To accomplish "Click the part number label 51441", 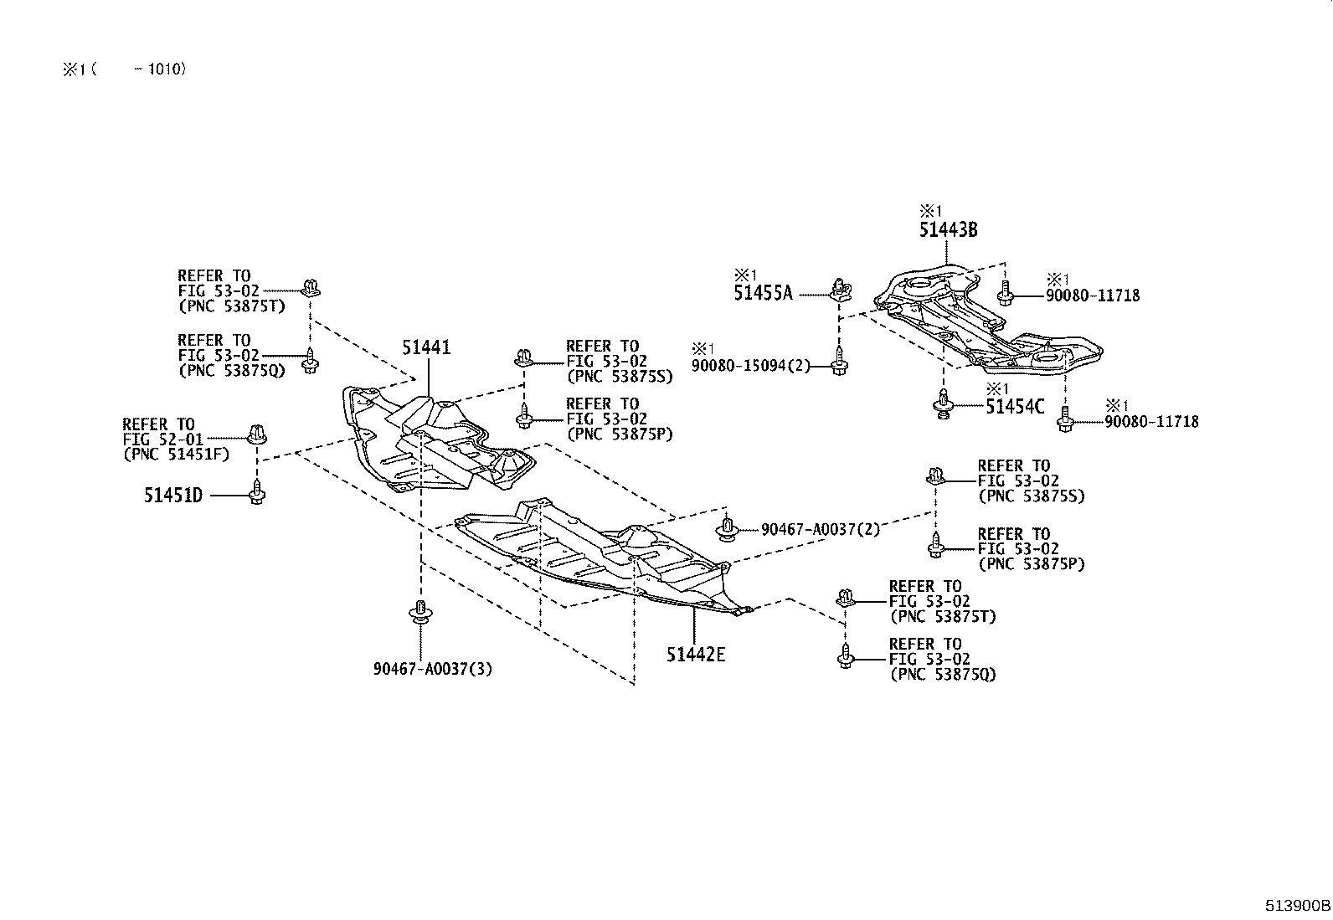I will [x=426, y=347].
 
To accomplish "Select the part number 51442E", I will [x=696, y=654].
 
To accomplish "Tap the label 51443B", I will [x=948, y=230].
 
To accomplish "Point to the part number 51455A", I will [x=762, y=293].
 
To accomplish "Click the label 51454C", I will [x=1015, y=407].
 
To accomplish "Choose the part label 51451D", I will [x=172, y=496].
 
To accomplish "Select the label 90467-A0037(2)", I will [x=820, y=529].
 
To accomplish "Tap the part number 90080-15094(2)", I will [x=751, y=365].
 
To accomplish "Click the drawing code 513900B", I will [x=1297, y=905].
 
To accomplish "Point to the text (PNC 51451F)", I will [x=176, y=455].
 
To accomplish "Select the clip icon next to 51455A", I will [x=840, y=290].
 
